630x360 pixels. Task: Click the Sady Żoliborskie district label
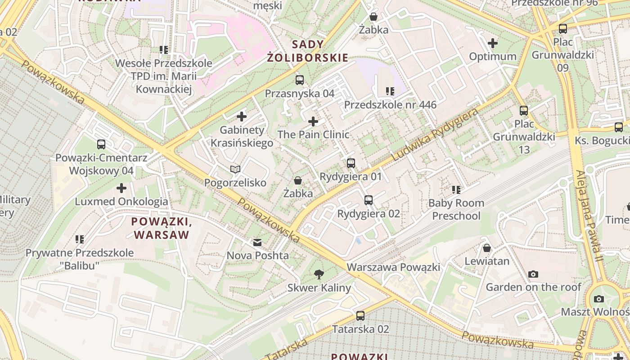320,51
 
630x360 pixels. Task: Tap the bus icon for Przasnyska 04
300,80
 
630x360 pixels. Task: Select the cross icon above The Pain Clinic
313,121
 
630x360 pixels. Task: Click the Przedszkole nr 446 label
390,105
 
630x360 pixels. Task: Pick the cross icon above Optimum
493,43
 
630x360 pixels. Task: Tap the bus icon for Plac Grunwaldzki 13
524,110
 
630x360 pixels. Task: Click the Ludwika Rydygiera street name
435,135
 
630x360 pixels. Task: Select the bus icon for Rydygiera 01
351,163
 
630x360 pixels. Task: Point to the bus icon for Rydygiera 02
369,200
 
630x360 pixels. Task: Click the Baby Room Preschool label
456,209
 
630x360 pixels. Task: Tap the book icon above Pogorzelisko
235,169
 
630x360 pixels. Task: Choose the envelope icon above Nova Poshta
257,243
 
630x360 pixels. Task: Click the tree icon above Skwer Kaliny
319,274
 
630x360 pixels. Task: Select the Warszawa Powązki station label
393,267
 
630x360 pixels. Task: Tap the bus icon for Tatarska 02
360,315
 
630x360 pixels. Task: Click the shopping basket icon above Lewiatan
487,247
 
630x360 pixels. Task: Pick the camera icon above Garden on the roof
533,274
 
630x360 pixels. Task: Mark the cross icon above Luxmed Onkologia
121,188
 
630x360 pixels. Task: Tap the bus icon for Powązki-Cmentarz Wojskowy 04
101,144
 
